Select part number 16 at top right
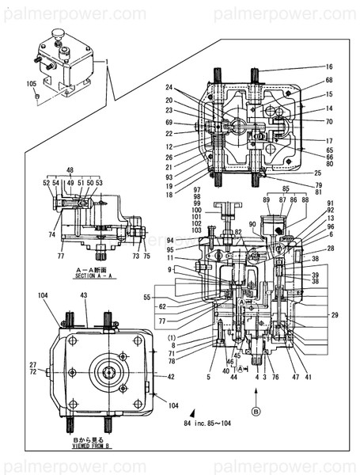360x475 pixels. pyautogui.click(x=328, y=67)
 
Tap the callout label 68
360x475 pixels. pyautogui.click(x=328, y=81)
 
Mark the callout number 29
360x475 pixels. pyautogui.click(x=335, y=316)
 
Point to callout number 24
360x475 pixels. pyautogui.click(x=169, y=87)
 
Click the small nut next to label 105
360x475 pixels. pyautogui.click(x=36, y=97)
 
